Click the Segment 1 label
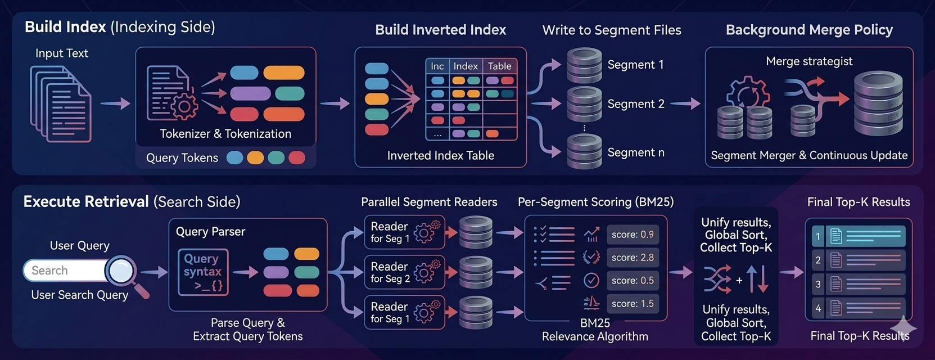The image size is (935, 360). point(635,65)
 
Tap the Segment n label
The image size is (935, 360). point(636,152)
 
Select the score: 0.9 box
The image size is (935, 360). point(633,235)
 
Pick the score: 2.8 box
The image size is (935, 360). point(633,258)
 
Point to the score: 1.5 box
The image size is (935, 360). point(633,304)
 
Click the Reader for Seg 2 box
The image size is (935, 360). point(404,272)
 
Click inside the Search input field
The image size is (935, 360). point(65,271)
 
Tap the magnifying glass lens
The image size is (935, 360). point(121,271)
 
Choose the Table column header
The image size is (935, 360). point(499,66)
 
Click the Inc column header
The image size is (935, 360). point(437,66)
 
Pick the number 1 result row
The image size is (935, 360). point(858,236)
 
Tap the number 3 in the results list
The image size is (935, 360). point(818,284)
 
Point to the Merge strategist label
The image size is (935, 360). point(809,61)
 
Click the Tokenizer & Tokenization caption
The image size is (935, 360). point(225,134)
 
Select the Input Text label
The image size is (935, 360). point(62,53)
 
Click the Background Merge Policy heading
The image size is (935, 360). point(809,30)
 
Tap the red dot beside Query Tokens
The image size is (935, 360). point(297,157)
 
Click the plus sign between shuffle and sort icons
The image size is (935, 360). point(739,280)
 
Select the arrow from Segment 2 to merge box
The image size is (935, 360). point(685,103)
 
